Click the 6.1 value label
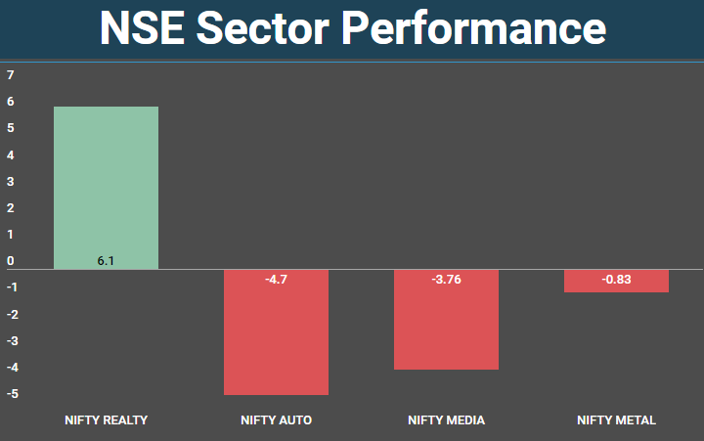point(106,261)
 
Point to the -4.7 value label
point(276,281)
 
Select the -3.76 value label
point(446,281)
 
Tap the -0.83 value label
point(616,281)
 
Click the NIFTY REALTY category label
point(106,420)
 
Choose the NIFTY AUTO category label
point(276,420)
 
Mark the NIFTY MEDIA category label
point(446,420)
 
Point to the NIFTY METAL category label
point(616,420)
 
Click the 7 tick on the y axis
point(11,74)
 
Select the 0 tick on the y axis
point(11,261)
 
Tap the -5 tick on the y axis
point(11,394)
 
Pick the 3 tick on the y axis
point(11,181)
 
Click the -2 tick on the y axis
point(11,314)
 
